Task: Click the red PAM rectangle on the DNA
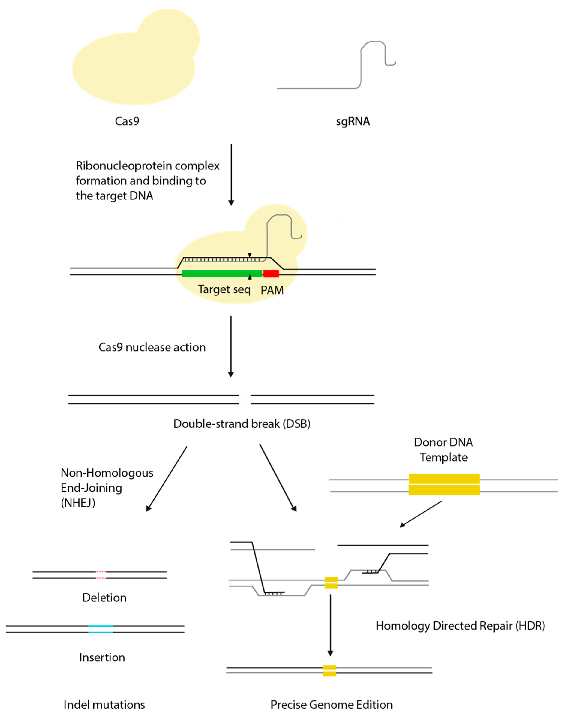[x=271, y=274]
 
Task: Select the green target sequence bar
[x=221, y=274]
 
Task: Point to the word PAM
[x=272, y=290]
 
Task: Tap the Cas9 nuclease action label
[x=152, y=347]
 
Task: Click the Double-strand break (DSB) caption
[x=242, y=424]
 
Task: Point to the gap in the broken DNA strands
[x=245, y=399]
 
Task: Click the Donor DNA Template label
[x=443, y=450]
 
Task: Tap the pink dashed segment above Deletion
[x=101, y=575]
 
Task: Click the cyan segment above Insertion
[x=100, y=629]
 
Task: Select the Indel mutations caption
[x=104, y=705]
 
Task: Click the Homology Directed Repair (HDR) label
[x=460, y=625]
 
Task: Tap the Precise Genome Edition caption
[x=331, y=705]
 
